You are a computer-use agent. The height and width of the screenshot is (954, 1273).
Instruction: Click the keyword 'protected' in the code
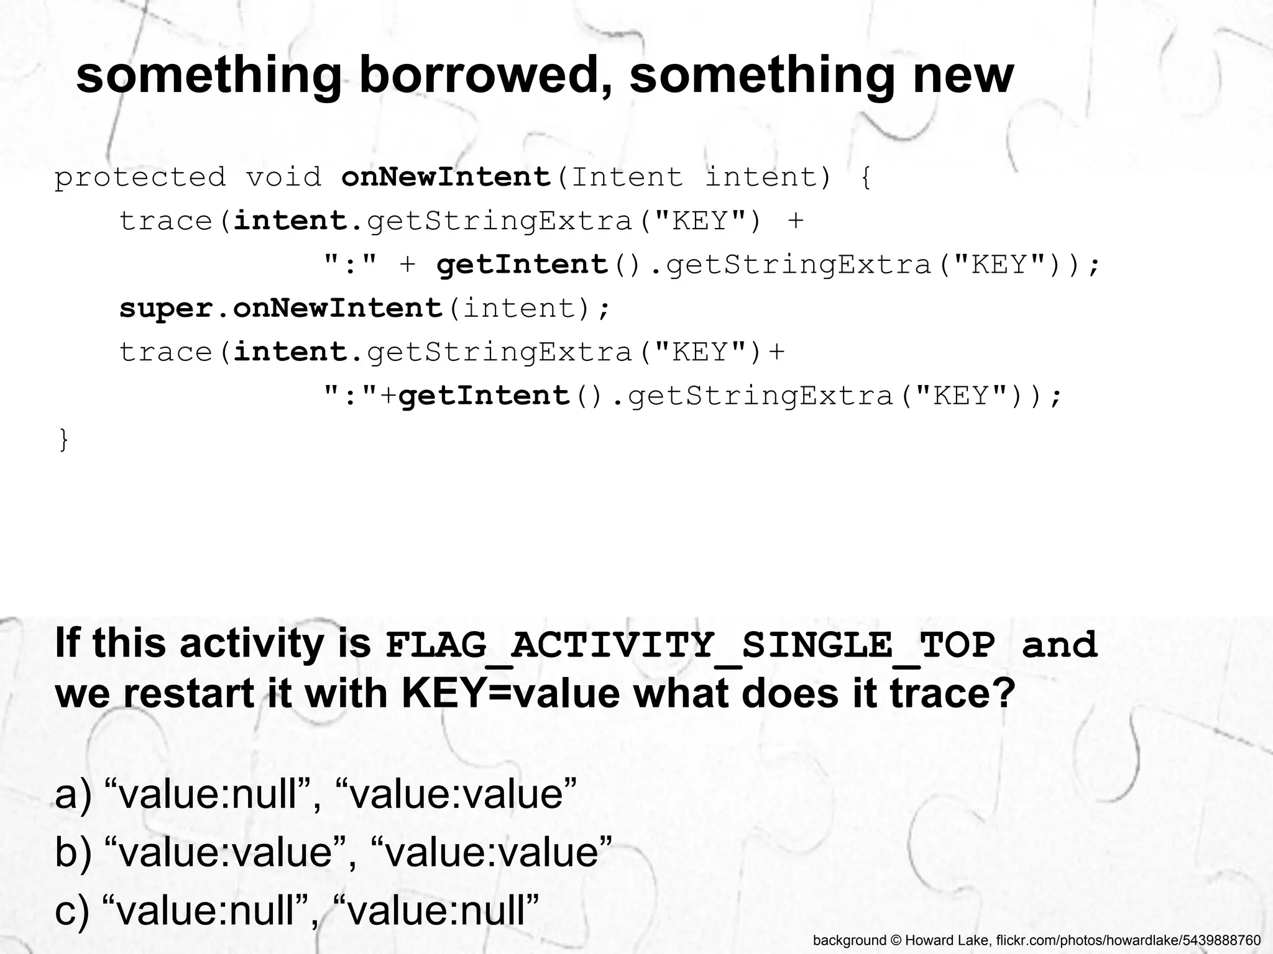point(140,178)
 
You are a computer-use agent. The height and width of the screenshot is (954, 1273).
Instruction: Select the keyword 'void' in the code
point(283,178)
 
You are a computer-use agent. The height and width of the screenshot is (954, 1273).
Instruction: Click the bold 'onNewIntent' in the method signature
point(446,178)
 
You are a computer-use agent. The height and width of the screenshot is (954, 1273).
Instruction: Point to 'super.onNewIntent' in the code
point(280,309)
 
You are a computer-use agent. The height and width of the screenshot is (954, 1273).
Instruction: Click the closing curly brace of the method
point(63,440)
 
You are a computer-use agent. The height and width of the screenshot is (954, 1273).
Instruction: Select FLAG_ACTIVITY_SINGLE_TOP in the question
point(690,645)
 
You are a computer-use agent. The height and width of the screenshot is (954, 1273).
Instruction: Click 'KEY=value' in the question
point(510,694)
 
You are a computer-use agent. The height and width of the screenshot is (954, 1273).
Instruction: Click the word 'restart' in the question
point(189,694)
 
